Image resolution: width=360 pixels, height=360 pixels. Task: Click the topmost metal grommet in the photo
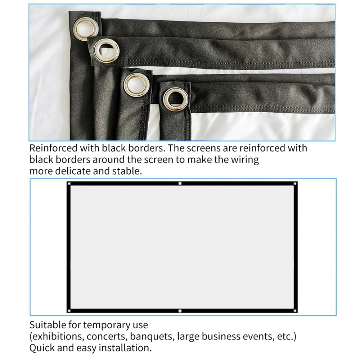click(86, 27)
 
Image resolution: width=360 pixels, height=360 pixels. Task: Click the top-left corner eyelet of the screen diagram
click(69, 184)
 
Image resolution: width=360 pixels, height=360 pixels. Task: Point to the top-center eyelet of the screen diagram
click(180, 184)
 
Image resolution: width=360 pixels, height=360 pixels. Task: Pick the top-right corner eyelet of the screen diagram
click(294, 184)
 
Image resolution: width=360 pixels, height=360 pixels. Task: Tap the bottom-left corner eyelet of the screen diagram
click(69, 310)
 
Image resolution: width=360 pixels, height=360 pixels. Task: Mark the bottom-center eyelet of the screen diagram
click(180, 311)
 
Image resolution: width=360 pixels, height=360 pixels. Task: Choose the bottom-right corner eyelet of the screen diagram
click(294, 310)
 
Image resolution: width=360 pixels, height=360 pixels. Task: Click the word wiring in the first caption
click(244, 159)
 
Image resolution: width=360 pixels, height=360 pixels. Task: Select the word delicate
click(73, 171)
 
